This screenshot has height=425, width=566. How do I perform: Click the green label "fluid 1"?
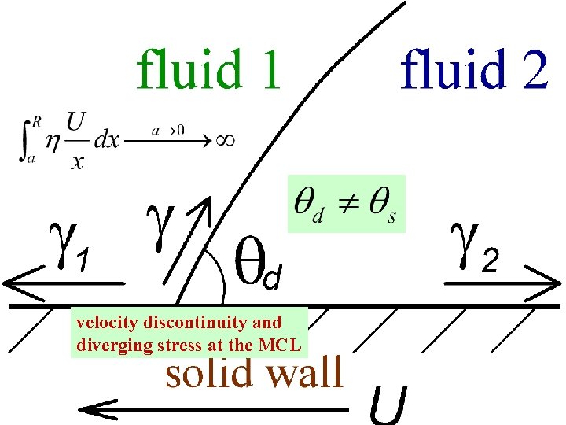click(x=208, y=68)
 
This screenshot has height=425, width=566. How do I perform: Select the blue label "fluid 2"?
click(x=474, y=68)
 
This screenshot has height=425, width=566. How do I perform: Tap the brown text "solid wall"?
click(x=254, y=371)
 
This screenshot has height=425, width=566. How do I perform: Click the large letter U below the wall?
click(x=389, y=403)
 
